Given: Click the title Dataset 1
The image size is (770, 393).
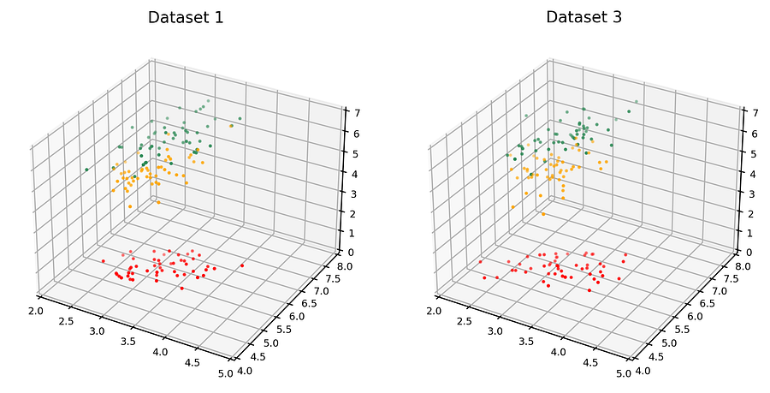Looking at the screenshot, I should point(186,17).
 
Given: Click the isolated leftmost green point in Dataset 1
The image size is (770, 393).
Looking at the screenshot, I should point(87,170).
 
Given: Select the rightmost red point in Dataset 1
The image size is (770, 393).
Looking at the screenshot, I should point(242,265).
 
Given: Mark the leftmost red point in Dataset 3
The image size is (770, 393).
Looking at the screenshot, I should point(480,262).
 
